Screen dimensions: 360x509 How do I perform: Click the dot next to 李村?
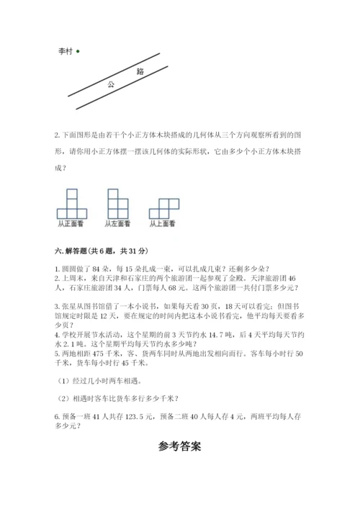(x=77, y=50)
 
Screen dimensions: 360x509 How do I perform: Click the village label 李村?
(x=65, y=51)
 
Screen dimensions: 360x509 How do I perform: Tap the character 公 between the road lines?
(x=111, y=84)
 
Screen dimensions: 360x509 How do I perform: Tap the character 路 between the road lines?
(x=140, y=72)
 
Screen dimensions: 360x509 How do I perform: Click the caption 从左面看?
(x=117, y=224)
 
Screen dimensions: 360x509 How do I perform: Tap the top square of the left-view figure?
(x=112, y=193)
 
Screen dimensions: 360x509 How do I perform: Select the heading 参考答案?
(x=180, y=446)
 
